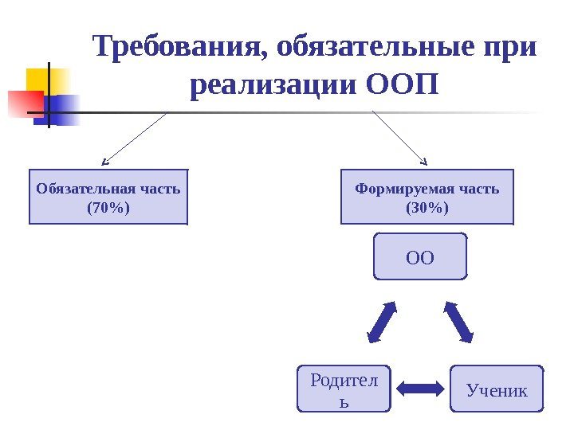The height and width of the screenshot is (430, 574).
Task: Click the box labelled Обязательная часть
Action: click(x=108, y=197)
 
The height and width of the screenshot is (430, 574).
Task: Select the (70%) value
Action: click(x=108, y=208)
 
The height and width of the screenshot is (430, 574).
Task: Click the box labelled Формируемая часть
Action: click(x=427, y=197)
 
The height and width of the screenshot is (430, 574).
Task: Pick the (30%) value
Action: click(x=427, y=208)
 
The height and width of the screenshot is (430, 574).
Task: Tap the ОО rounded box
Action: click(x=420, y=256)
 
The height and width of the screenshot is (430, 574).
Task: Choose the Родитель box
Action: click(x=344, y=389)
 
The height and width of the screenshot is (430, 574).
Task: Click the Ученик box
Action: click(x=497, y=389)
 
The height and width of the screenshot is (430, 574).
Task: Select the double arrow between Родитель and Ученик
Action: click(x=420, y=389)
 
